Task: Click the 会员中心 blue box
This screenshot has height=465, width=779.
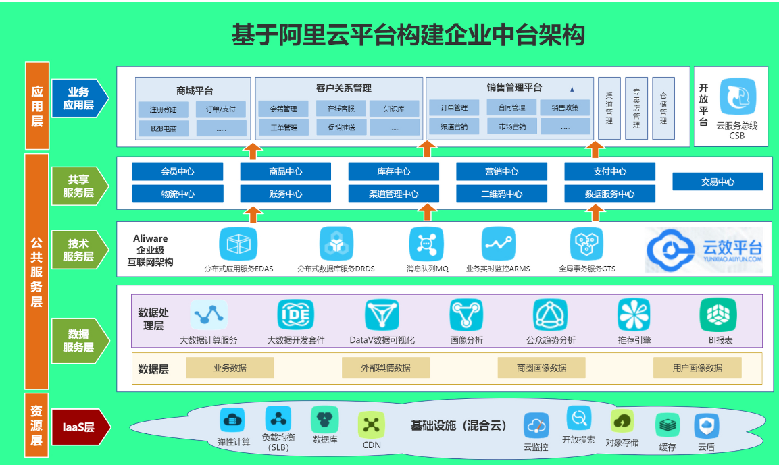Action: [x=178, y=171]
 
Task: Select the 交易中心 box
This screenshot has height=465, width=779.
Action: [x=718, y=182]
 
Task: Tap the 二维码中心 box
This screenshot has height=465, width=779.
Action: [x=501, y=194]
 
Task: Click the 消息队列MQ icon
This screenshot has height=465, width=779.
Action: [x=427, y=244]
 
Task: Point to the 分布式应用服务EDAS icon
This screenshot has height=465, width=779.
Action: [x=238, y=244]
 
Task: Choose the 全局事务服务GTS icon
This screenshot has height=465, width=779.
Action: [x=586, y=244]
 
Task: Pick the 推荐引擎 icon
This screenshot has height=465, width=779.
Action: [x=634, y=314]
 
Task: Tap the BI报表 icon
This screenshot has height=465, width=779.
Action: [x=718, y=314]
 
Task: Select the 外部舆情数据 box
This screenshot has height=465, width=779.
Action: [x=386, y=368]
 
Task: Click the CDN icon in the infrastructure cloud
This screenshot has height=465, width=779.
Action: [x=371, y=425]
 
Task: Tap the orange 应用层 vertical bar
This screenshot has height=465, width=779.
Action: [x=36, y=105]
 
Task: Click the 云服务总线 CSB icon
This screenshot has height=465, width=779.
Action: [x=738, y=97]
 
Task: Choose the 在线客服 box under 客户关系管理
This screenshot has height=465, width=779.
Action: [x=341, y=108]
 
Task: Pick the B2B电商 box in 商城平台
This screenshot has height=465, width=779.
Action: [x=164, y=128]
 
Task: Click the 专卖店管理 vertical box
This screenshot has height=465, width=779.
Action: [x=636, y=108]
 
